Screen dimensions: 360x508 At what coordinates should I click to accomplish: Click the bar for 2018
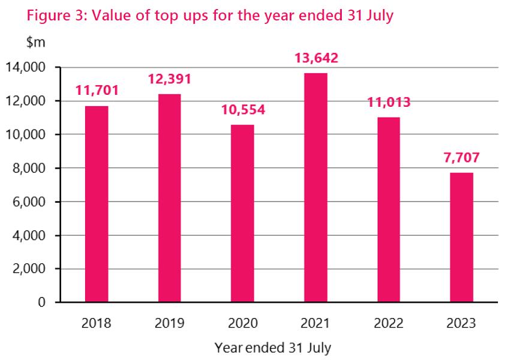click(x=97, y=204)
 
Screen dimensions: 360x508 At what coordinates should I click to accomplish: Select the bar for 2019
click(x=169, y=198)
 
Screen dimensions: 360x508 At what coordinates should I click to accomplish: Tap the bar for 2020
click(x=242, y=213)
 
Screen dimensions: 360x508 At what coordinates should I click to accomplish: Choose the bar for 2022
click(x=389, y=209)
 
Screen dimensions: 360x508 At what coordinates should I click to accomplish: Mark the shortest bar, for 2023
click(x=461, y=237)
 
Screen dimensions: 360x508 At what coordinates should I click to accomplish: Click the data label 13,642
click(x=316, y=58)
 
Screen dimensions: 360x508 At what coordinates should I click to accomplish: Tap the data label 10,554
click(x=243, y=110)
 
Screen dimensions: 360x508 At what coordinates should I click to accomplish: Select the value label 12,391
click(x=170, y=79)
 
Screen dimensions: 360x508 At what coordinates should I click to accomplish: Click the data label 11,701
click(x=97, y=91)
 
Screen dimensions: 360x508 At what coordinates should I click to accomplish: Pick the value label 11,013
click(x=389, y=102)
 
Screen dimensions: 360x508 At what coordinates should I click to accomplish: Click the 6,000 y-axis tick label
click(x=29, y=202)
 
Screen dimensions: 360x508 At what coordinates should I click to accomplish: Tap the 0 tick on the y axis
click(x=41, y=302)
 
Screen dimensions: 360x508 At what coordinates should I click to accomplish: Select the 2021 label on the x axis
click(x=315, y=324)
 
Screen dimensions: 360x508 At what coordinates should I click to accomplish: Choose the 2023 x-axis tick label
click(x=461, y=324)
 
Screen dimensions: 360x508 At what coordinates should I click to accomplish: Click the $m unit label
click(x=35, y=43)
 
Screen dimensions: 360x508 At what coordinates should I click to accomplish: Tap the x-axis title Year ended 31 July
click(x=272, y=347)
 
